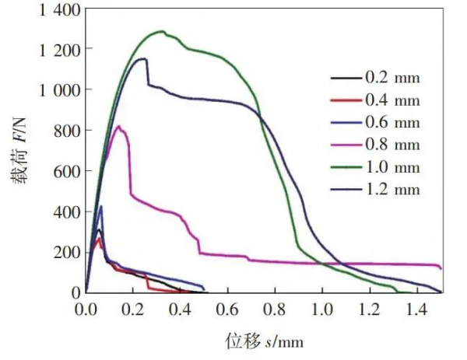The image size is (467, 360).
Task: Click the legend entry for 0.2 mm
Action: coord(392,78)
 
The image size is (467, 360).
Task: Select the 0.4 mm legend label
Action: coord(392,100)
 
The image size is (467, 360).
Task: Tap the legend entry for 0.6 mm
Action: coord(392,123)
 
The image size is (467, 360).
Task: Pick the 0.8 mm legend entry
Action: coord(392,145)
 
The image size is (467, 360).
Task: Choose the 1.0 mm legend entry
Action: coord(392,168)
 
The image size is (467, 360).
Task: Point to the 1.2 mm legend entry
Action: coord(392,190)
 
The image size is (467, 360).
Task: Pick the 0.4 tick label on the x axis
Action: coord(180,309)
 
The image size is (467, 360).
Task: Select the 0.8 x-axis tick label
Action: coord(275,309)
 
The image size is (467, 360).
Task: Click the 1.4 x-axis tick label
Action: coord(417,309)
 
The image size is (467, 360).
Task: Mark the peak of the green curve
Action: coord(161,32)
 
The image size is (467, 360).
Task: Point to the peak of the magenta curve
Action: coord(118,126)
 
